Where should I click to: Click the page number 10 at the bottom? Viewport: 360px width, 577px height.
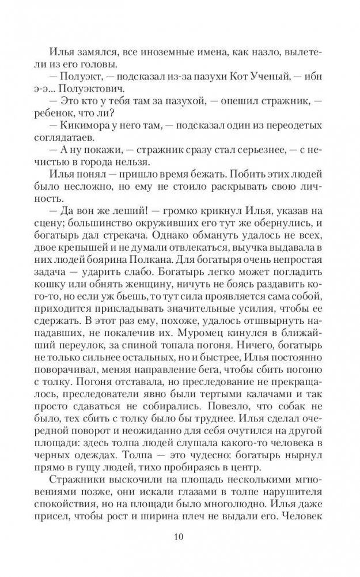pos(180,538)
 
